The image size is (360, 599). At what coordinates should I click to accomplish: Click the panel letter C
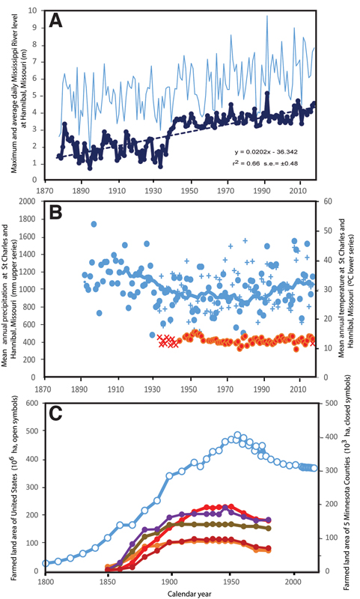[x=57, y=418]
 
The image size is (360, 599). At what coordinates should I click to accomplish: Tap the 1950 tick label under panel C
[x=232, y=580]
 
